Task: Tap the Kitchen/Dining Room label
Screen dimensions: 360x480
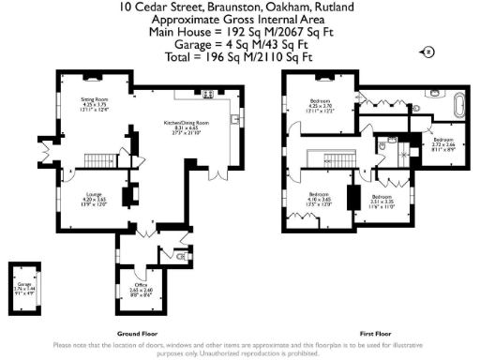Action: point(186,127)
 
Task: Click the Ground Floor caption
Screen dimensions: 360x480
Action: point(134,334)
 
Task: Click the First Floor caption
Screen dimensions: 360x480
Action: point(375,334)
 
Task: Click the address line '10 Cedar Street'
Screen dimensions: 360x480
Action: point(239,7)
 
